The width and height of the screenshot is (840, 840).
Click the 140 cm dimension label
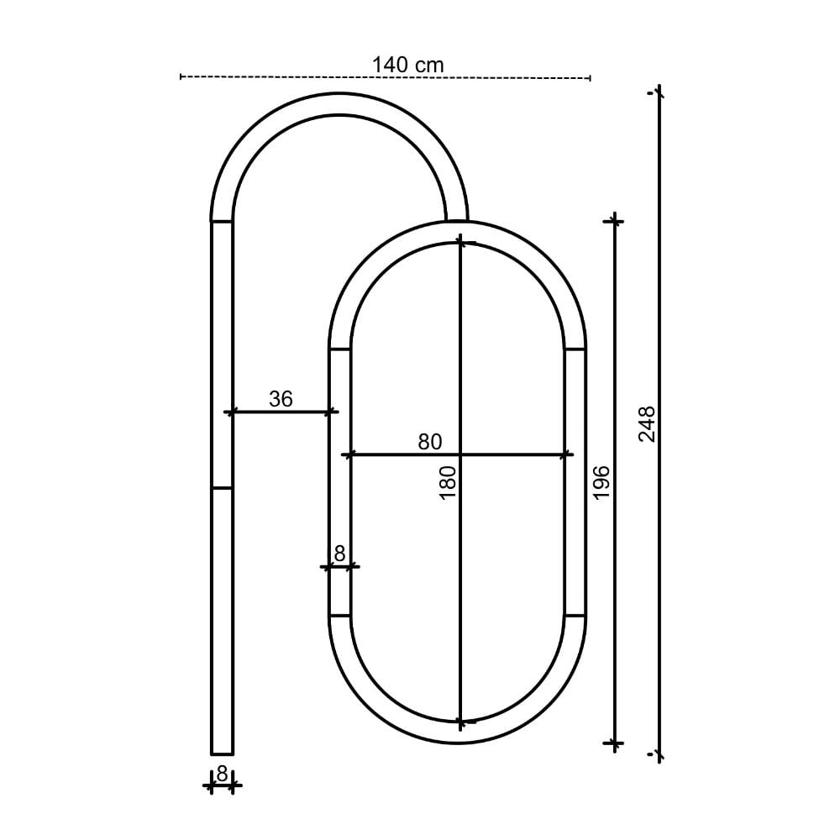click(x=407, y=64)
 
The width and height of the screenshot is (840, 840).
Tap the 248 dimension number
click(x=646, y=423)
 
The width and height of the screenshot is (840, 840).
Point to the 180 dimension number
click(x=447, y=483)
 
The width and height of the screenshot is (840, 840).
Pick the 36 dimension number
click(x=281, y=399)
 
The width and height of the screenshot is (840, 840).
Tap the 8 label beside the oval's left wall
click(x=339, y=553)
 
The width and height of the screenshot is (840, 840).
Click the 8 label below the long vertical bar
click(x=222, y=773)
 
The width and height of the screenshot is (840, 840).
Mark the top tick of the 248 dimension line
click(x=659, y=93)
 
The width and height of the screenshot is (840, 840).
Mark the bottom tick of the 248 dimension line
click(x=659, y=754)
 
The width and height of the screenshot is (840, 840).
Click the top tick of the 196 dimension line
click(x=615, y=220)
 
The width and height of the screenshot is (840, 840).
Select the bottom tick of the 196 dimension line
click(x=615, y=743)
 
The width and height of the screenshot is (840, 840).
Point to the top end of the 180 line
click(x=459, y=243)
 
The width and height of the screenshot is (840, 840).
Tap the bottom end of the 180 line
click(x=459, y=722)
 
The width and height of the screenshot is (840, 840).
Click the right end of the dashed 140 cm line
click(x=591, y=77)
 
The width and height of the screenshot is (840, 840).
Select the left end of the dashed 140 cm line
click(x=181, y=77)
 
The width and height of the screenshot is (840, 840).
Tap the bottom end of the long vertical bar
click(x=222, y=753)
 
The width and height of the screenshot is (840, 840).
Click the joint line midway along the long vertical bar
click(x=222, y=488)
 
